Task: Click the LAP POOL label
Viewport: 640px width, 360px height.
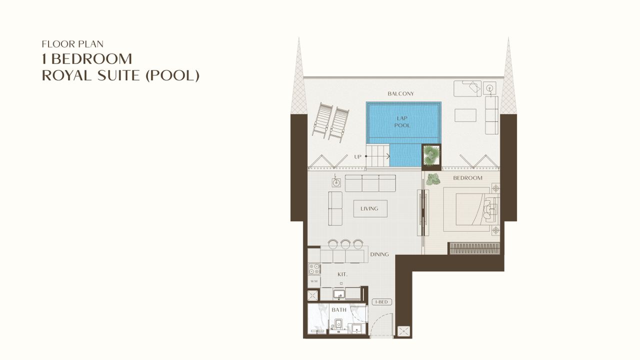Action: tap(402, 121)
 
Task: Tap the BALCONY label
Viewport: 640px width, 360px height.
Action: tap(400, 93)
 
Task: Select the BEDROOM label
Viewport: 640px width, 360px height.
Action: tap(467, 178)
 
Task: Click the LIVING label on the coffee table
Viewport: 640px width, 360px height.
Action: tap(369, 208)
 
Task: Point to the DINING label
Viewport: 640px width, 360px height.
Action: tap(379, 254)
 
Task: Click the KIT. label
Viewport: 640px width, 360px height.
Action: tap(342, 274)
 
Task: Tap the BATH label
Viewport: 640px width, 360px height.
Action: tap(339, 309)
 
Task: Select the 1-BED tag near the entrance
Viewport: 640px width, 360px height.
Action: tap(381, 302)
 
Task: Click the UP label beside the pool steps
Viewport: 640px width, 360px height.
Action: tap(357, 157)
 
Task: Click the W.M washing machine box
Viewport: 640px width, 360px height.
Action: tap(314, 281)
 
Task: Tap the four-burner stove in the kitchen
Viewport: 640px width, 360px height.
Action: tap(314, 269)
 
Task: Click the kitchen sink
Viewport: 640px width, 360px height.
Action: tap(339, 294)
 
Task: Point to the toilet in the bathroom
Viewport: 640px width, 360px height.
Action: tap(338, 325)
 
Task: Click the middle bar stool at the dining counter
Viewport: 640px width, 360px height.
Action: tap(345, 244)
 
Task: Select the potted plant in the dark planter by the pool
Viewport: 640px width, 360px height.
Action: tap(431, 155)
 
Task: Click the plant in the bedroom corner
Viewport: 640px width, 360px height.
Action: tap(433, 179)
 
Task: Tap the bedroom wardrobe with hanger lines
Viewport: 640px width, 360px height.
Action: tap(473, 248)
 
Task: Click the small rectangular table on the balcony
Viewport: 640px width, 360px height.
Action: tap(465, 115)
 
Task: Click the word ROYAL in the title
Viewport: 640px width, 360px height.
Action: tap(67, 75)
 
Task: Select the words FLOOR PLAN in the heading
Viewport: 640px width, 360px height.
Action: tap(72, 44)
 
